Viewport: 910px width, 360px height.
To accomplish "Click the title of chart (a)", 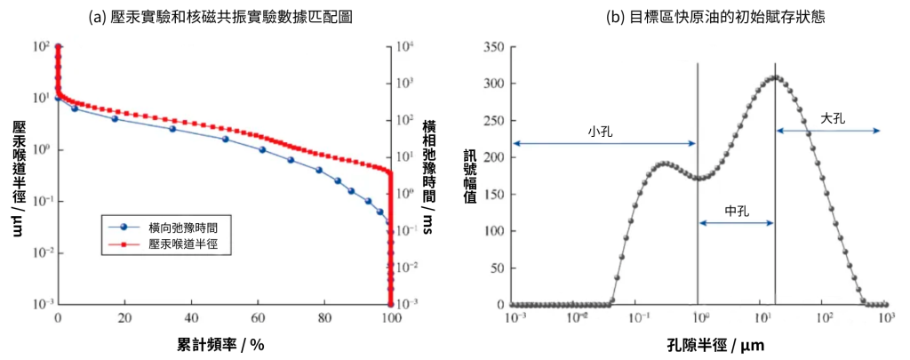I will click(220, 18).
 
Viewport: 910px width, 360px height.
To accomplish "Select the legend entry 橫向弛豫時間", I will click(183, 227).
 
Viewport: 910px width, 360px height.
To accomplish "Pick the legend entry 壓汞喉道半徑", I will click(183, 241).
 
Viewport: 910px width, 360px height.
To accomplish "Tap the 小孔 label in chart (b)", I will click(600, 131).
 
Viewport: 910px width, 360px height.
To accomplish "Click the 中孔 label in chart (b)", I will click(737, 211).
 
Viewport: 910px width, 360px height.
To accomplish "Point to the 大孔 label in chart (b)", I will click(833, 117).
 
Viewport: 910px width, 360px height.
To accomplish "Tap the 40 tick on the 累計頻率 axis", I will click(191, 317).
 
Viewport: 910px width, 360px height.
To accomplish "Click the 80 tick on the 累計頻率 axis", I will click(323, 317).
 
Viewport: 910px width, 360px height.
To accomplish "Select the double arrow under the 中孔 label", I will click(737, 223).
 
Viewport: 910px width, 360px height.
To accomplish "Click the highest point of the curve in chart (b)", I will click(775, 77).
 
